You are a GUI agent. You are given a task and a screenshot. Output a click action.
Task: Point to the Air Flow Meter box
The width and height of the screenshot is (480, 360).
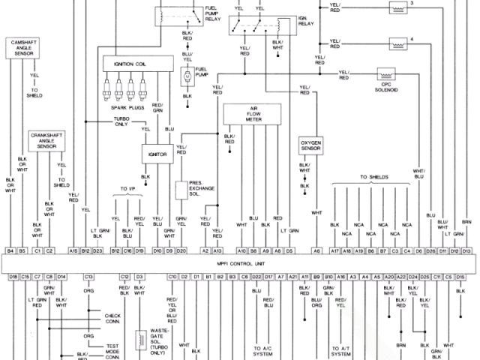[253, 113]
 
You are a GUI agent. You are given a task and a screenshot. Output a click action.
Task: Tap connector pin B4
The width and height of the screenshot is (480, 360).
[10, 250]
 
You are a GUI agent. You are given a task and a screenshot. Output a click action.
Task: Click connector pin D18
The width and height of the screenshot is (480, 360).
[13, 277]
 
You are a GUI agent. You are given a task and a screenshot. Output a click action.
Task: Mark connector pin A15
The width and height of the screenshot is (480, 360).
[73, 250]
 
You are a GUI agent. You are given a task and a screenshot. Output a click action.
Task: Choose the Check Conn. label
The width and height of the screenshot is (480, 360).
[112, 318]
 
